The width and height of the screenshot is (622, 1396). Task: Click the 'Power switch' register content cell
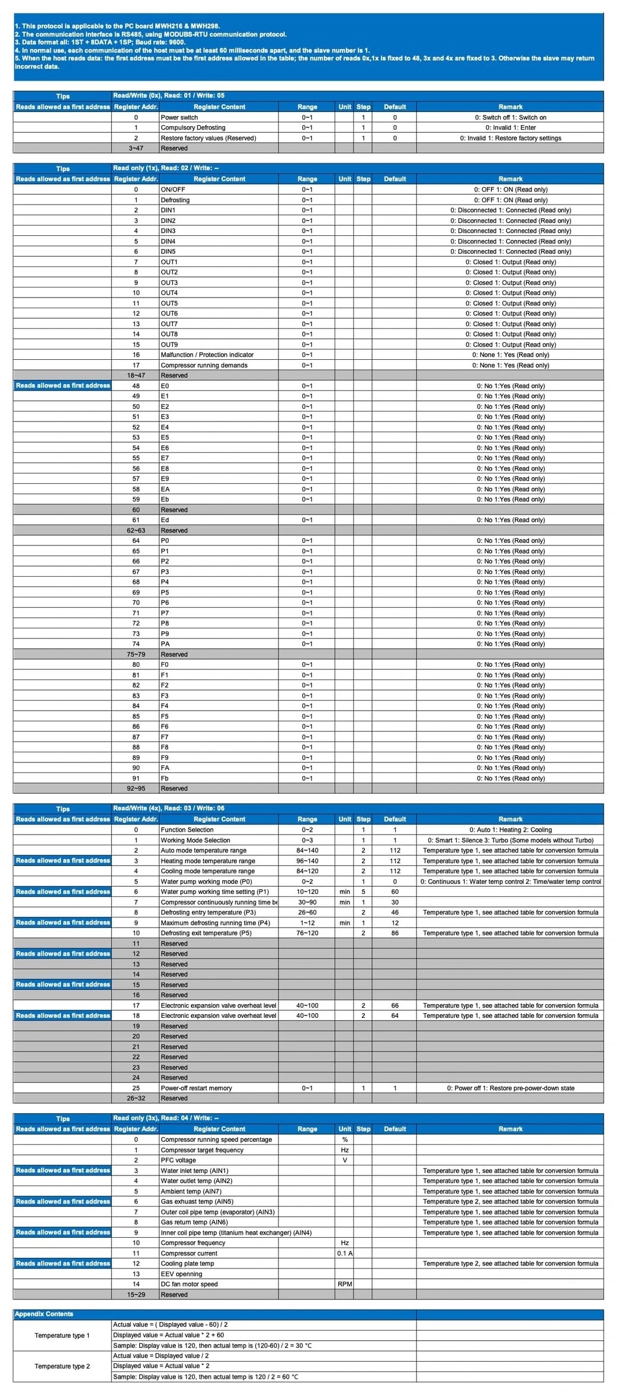179,117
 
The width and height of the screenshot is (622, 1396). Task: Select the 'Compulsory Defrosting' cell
193,127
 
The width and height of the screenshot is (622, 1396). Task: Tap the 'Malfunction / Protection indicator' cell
207,354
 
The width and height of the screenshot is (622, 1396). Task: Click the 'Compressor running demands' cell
204,365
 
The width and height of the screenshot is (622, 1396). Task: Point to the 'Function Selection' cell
187,830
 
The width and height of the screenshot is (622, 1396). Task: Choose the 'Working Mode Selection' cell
195,840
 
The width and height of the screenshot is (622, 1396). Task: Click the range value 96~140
307,861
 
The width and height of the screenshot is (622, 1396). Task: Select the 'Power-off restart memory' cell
196,1088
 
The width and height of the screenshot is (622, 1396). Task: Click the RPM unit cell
345,1284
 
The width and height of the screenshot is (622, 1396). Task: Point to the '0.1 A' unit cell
345,1253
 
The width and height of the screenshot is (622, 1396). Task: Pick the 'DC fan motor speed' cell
189,1284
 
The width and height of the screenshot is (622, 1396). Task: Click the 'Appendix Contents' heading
44,1314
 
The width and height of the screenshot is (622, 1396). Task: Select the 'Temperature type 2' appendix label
62,1366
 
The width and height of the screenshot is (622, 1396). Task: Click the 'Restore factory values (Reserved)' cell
208,138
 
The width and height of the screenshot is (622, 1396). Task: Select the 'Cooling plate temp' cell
187,1263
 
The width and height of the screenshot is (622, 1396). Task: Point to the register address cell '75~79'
136,654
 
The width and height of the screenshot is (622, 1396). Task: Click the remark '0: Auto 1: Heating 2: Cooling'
510,830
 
